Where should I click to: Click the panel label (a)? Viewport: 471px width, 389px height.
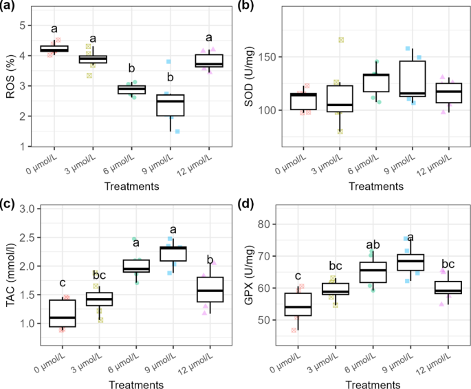click(10, 6)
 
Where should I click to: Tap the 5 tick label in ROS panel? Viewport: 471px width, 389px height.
click(40, 25)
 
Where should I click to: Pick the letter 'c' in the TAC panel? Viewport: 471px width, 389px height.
click(63, 282)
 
